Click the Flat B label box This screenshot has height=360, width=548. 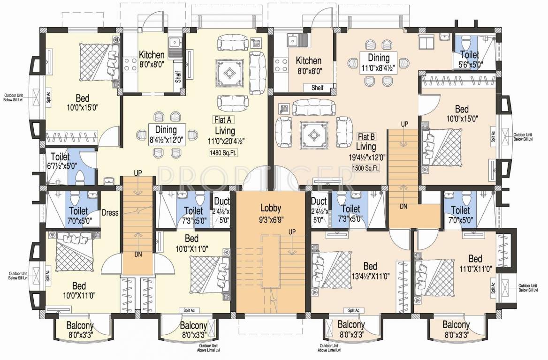366,136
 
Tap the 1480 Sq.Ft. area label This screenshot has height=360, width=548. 224,152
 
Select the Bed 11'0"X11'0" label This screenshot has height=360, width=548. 475,264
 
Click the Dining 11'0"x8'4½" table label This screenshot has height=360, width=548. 378,62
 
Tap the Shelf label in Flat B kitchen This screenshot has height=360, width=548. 317,88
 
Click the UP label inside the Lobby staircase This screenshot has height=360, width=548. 292,232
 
